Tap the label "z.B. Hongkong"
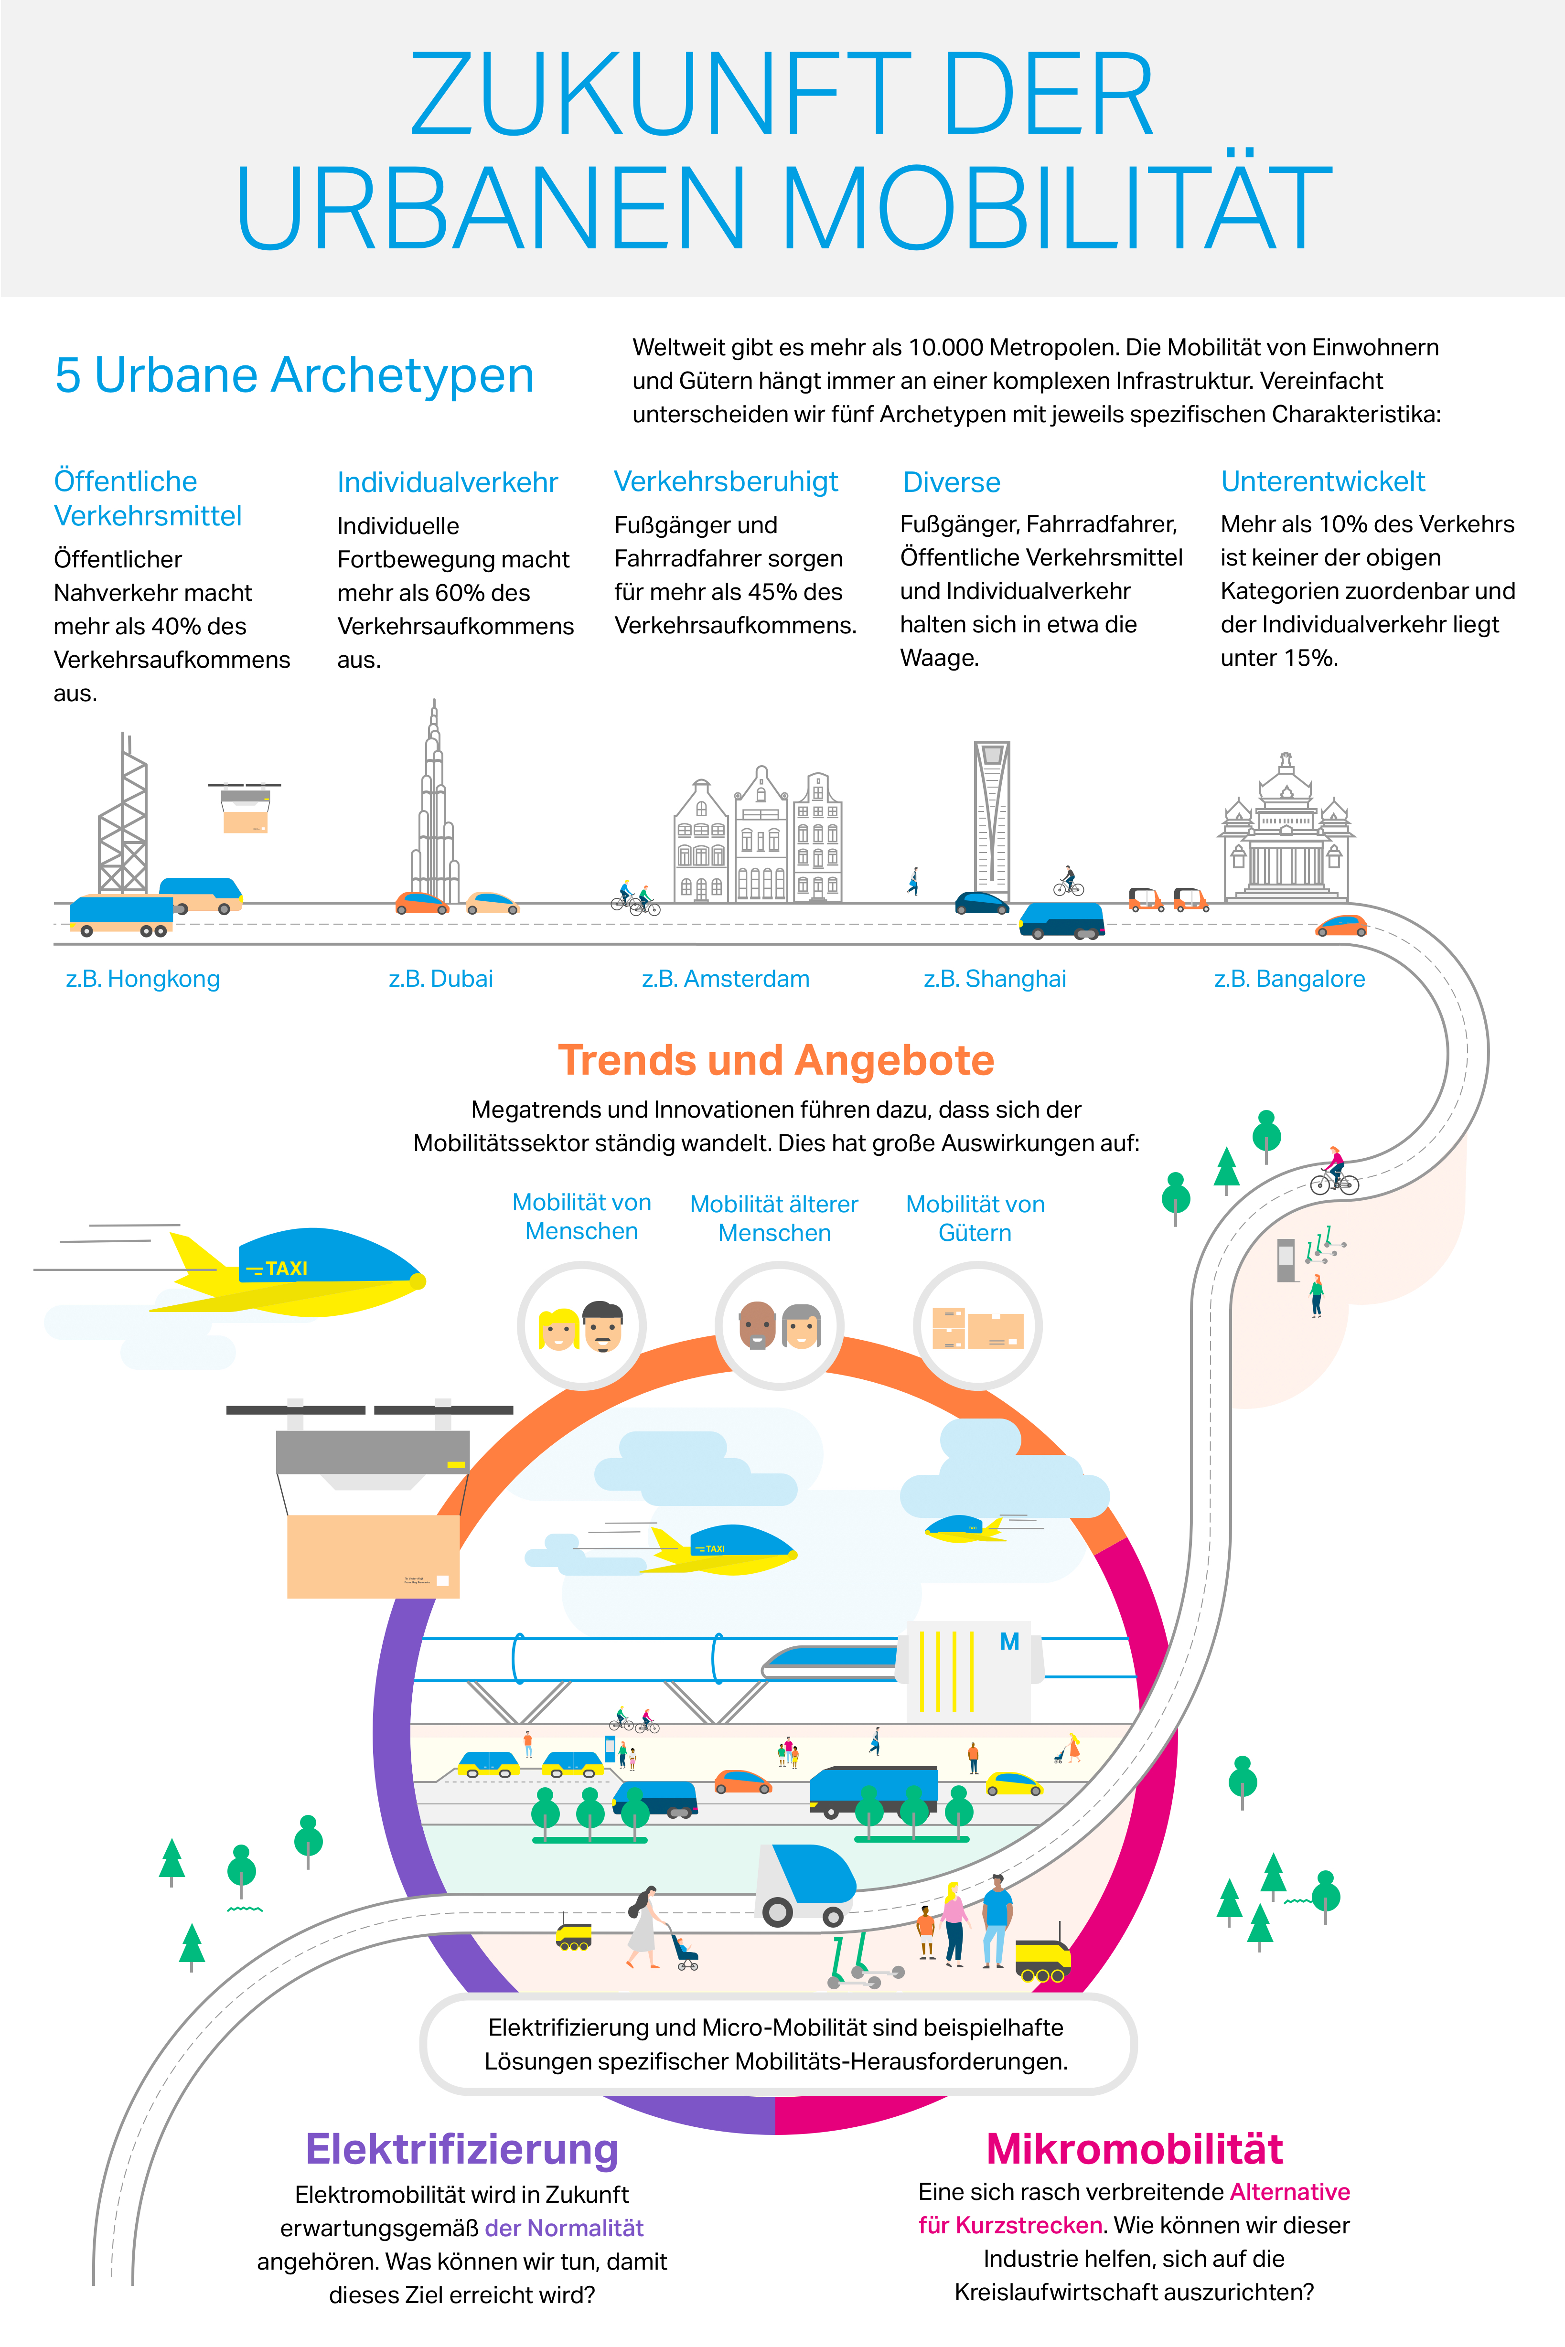[x=143, y=979]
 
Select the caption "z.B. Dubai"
[x=441, y=979]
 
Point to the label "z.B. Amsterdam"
[x=726, y=979]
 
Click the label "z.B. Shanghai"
[x=995, y=979]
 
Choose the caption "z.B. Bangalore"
[x=1289, y=979]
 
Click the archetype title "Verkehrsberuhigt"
[x=726, y=482]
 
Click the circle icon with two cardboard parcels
[x=977, y=1325]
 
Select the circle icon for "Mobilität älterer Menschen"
[x=780, y=1325]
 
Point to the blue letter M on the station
[x=1010, y=1642]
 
